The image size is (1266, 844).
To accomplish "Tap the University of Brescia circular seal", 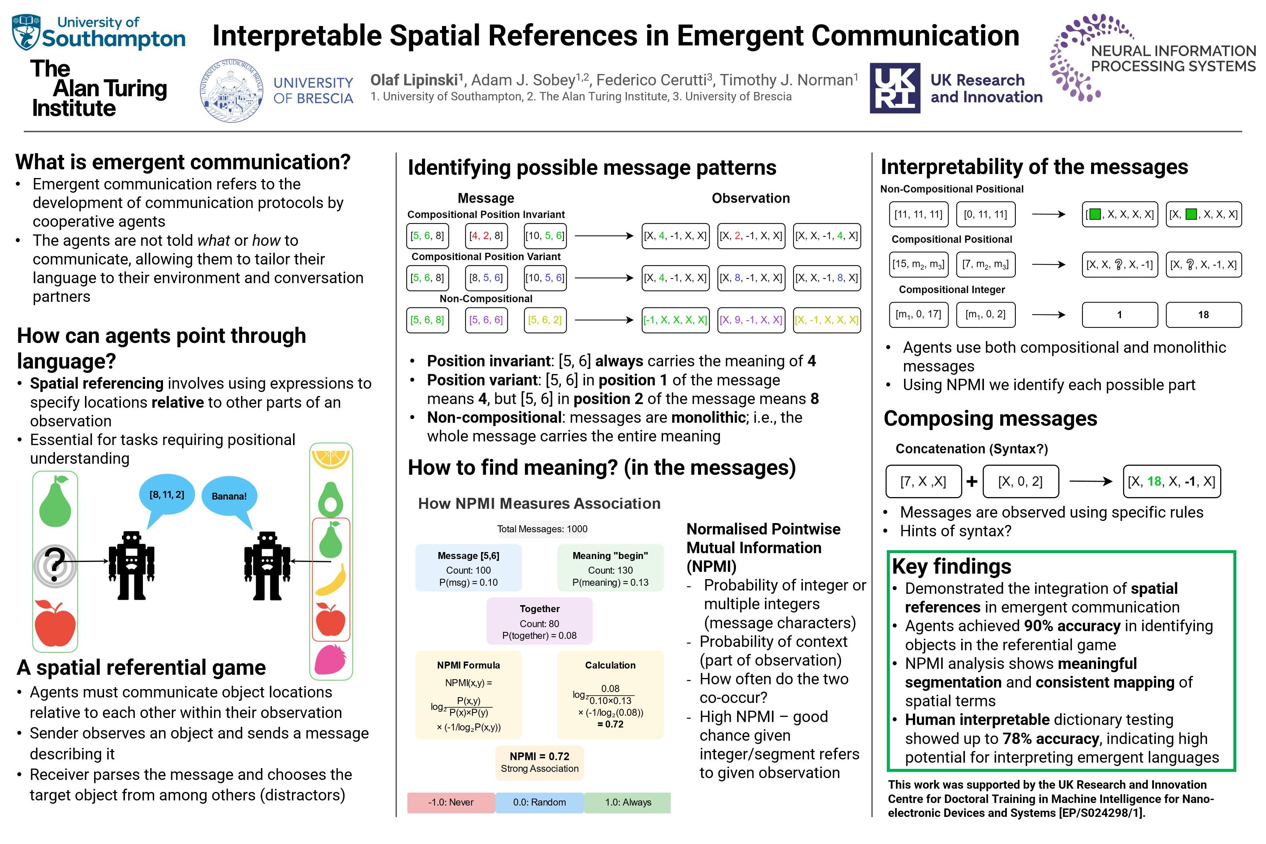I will click(x=232, y=91).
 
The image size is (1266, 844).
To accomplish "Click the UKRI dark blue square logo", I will click(x=895, y=88).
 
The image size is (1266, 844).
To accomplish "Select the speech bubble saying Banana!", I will click(x=229, y=496).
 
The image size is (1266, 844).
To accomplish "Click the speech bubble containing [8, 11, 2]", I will click(x=167, y=494).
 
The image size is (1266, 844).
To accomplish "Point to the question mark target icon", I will click(x=54, y=565).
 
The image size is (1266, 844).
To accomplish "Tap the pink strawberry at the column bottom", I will click(x=330, y=659).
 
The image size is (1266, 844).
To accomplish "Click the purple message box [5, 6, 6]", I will click(x=485, y=320).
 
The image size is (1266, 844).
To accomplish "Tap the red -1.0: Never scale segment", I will click(x=451, y=802).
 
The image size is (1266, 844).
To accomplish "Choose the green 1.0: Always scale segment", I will click(x=628, y=802).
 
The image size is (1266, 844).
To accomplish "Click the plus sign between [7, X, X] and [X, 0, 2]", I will click(x=971, y=481).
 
